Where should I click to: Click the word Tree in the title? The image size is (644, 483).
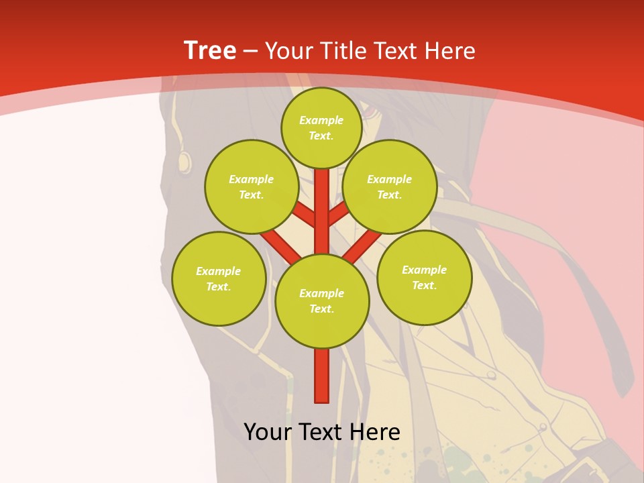[209, 51]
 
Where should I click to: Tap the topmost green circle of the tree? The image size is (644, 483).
[321, 127]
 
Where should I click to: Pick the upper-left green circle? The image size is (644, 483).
[252, 186]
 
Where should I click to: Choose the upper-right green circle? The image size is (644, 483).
[389, 186]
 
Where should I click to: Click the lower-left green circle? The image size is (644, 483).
[219, 278]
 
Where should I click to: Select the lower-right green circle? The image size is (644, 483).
[424, 277]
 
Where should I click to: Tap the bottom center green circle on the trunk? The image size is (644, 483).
[322, 301]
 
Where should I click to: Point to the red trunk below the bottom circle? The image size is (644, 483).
[322, 376]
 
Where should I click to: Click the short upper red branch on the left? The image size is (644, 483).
[304, 215]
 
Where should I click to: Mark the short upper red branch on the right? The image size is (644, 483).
[339, 213]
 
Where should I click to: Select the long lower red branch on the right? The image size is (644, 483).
[362, 247]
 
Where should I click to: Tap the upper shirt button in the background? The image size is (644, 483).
[491, 375]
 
